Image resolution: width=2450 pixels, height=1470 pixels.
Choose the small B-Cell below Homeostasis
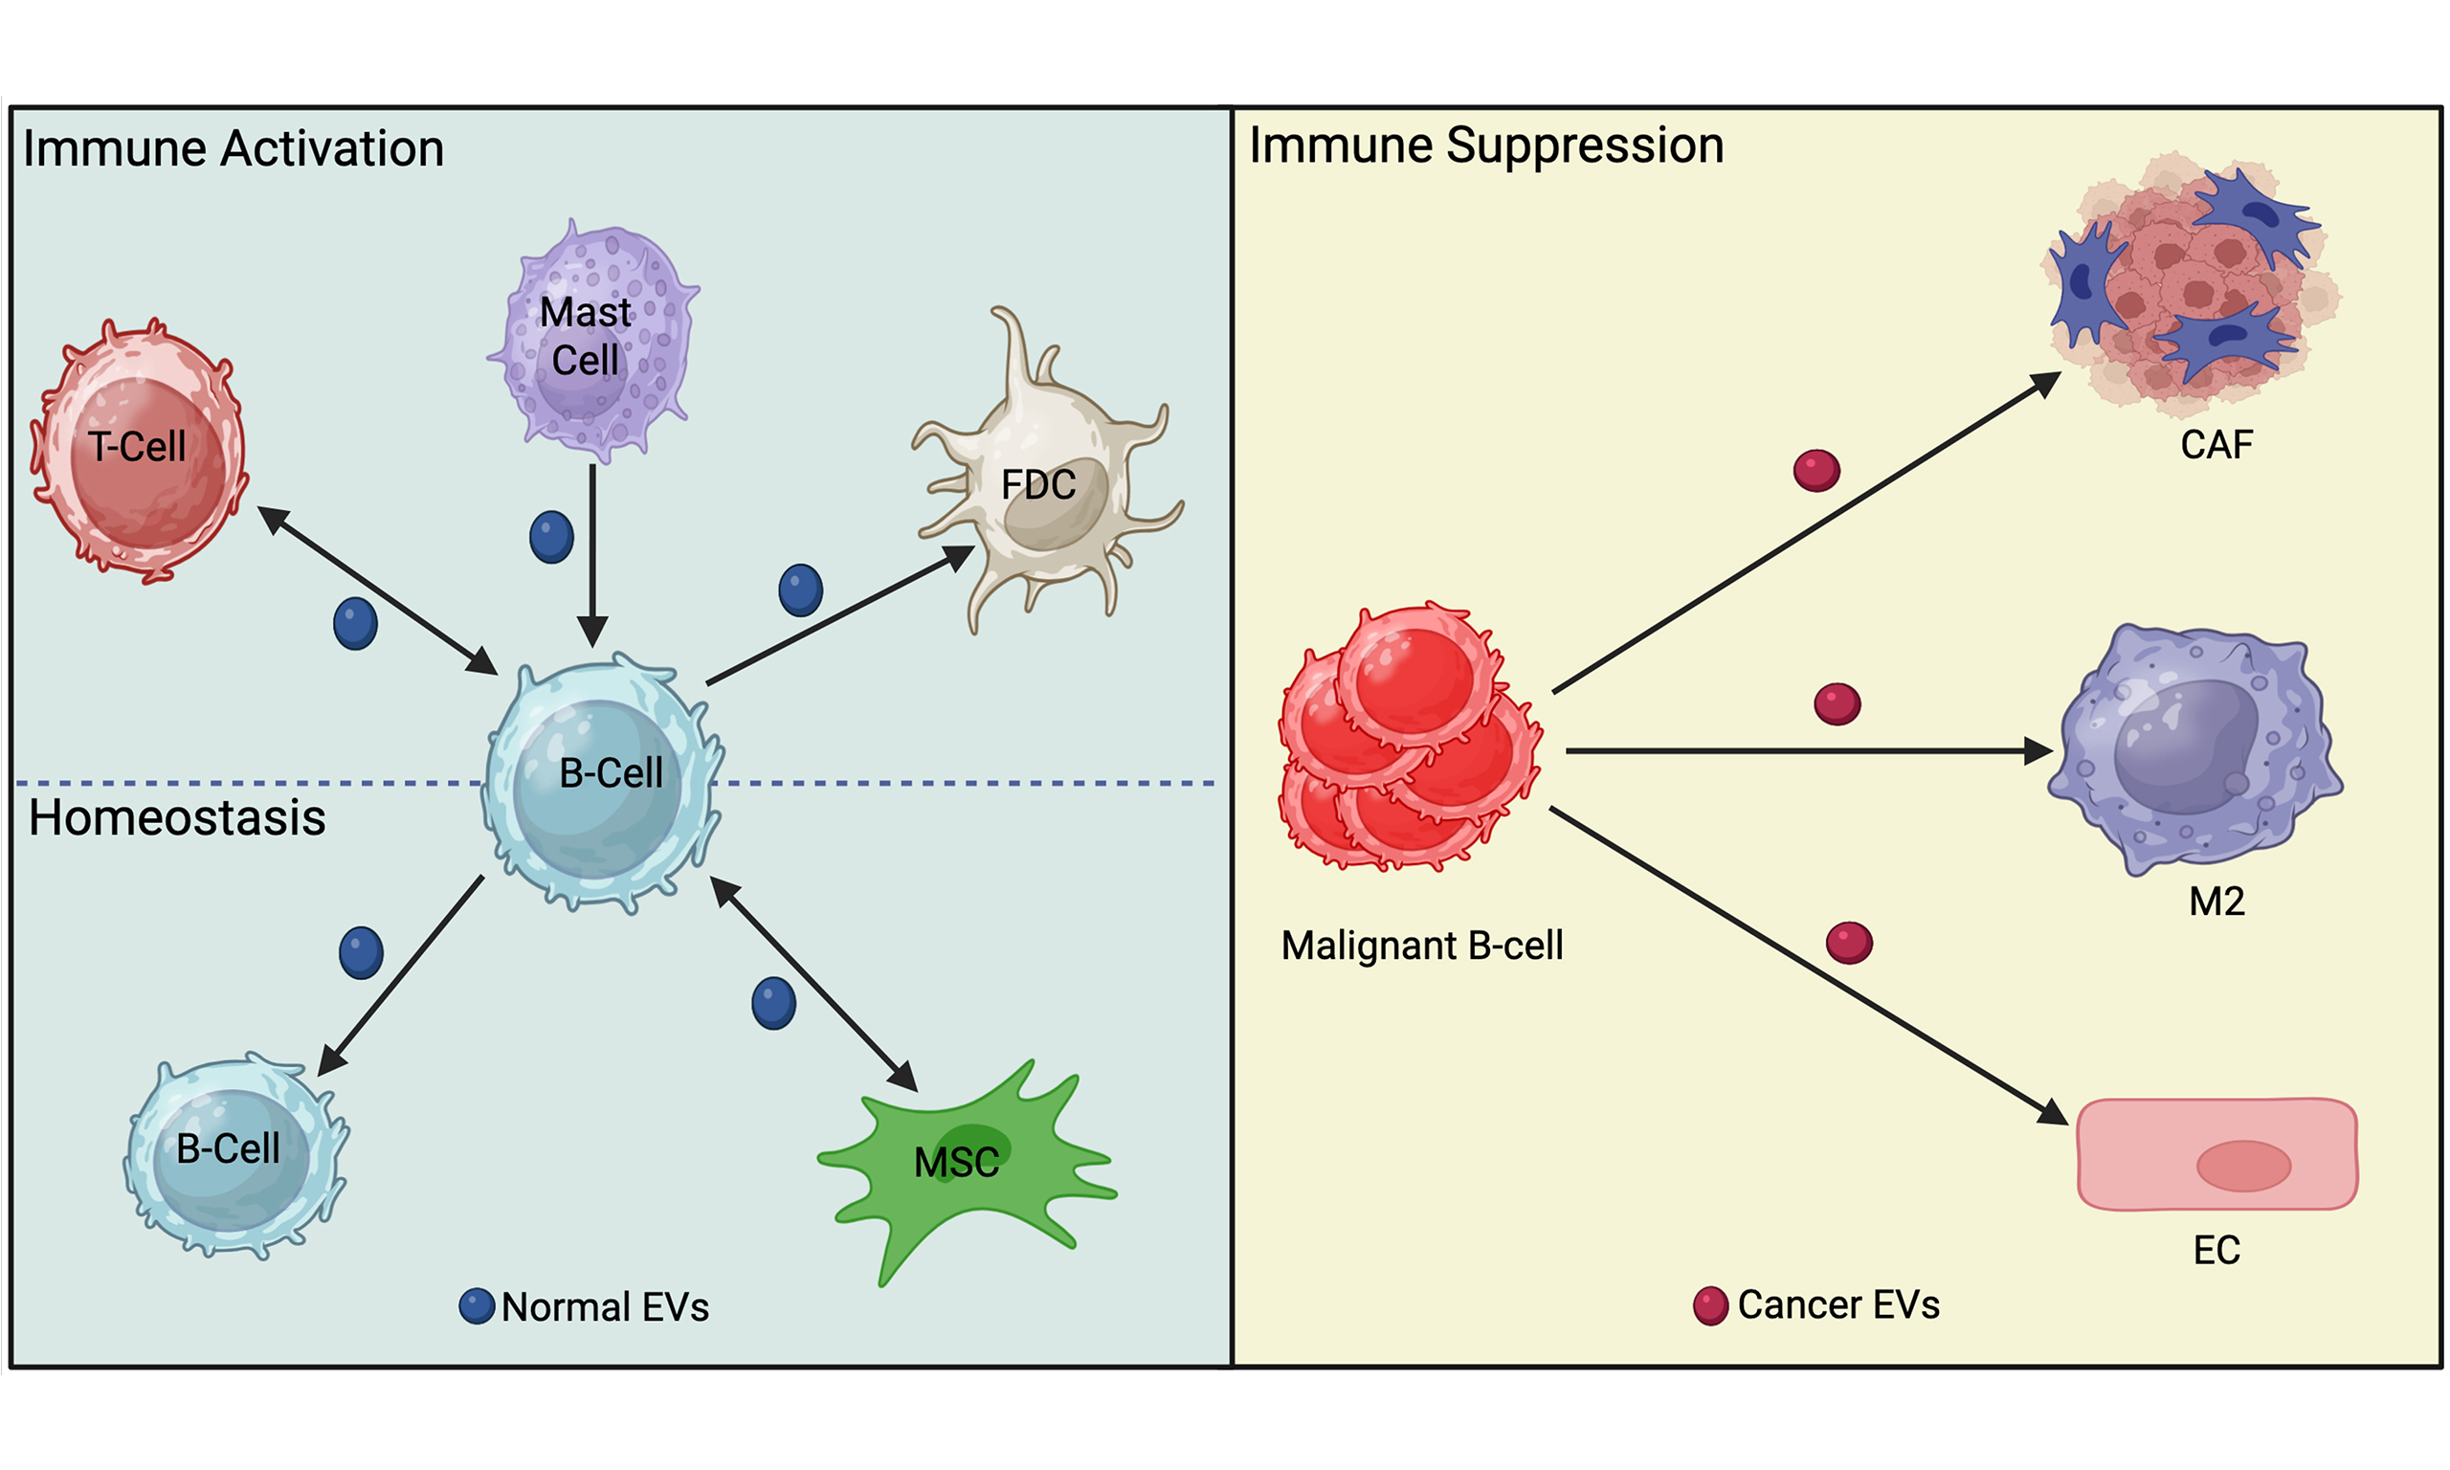pos(234,1155)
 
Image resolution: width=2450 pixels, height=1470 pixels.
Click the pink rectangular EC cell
pos(2216,1154)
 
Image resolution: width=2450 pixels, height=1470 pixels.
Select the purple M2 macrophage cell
pos(2194,747)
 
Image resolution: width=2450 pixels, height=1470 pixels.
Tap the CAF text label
pos(2216,445)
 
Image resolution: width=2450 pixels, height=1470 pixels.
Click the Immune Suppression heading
pos(1485,145)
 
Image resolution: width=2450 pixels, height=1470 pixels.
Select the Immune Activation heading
pos(234,149)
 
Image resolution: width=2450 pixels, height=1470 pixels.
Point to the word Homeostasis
pos(177,818)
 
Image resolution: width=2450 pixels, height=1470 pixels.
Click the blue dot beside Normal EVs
pos(477,1306)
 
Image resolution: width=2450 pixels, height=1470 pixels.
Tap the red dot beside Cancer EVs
pos(1710,1305)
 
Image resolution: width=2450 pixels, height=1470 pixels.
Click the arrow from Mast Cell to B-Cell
pos(592,555)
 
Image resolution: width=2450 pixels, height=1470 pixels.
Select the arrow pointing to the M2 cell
pos(1802,751)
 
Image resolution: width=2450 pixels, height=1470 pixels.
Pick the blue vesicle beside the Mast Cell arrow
pos(551,537)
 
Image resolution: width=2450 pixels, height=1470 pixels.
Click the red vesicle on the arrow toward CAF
pos(1816,470)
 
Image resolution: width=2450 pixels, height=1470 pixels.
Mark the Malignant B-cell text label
pos(1422,946)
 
